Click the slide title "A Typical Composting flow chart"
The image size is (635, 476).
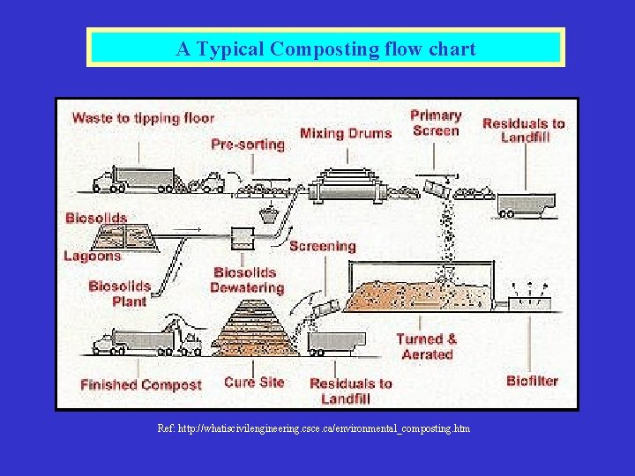[x=325, y=48]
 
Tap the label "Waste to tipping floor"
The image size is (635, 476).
[x=143, y=117]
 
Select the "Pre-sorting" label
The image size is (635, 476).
[x=248, y=144]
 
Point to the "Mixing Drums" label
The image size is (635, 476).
[x=346, y=134]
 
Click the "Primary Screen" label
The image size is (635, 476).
[x=436, y=123]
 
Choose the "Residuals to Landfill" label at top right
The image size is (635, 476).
[x=524, y=130]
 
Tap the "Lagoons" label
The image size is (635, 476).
[x=93, y=257]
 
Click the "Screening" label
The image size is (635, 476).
[x=323, y=246]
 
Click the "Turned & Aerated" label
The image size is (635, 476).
[x=427, y=346]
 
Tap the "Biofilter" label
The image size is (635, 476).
[x=533, y=381]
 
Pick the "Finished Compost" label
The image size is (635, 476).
[x=141, y=385]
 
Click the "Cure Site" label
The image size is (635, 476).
[x=254, y=382]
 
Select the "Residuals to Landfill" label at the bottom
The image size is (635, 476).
[x=351, y=390]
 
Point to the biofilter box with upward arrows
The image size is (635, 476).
[x=530, y=302]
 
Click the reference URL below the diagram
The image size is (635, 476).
[x=314, y=428]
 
